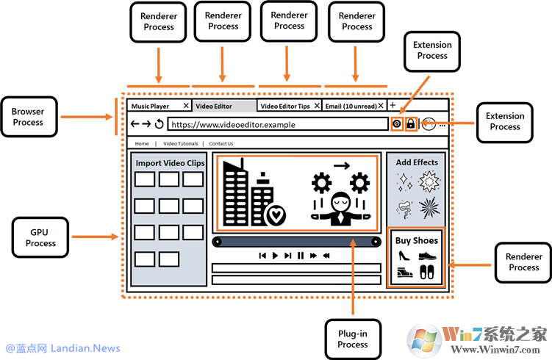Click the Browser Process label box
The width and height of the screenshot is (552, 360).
[x=28, y=117]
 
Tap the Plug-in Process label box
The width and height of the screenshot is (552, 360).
[x=353, y=339]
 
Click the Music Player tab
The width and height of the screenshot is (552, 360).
[x=151, y=107]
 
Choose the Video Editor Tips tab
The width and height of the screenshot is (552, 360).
[x=285, y=107]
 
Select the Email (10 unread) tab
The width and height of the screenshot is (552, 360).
[x=351, y=107]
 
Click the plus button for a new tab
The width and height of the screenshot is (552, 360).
[x=393, y=106]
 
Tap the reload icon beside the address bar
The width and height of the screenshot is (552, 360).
[x=159, y=124]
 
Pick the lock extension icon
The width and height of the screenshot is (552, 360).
[x=410, y=124]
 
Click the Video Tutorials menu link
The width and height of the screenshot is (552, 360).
[x=181, y=144]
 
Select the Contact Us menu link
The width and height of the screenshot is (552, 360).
[x=221, y=144]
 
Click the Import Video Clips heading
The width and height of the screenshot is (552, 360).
[x=170, y=163]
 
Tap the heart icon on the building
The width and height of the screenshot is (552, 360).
[x=276, y=215]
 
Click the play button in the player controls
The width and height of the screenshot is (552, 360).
[x=275, y=256]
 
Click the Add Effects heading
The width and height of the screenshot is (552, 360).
[x=417, y=162]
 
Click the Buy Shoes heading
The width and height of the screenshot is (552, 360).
[x=417, y=240]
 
